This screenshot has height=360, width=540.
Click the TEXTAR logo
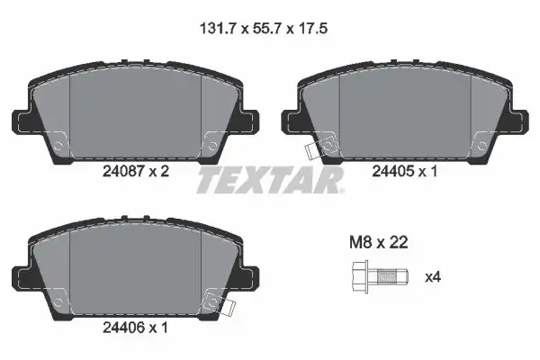(x=270, y=180)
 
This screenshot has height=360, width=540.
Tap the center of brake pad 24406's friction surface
(x=135, y=270)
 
